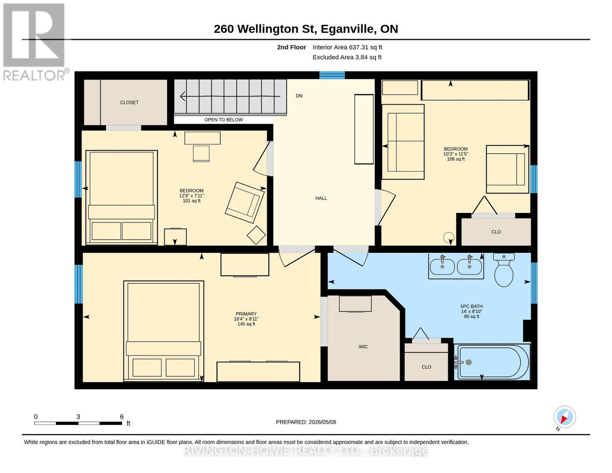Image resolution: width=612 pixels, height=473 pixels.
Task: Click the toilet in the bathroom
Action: pyautogui.click(x=504, y=269)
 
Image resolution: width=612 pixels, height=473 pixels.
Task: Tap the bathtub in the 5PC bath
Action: pyautogui.click(x=493, y=362)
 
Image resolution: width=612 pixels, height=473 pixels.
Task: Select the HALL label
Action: pyautogui.click(x=321, y=198)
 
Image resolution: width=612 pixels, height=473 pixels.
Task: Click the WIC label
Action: pyautogui.click(x=363, y=347)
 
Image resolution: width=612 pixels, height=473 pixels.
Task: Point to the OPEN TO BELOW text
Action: pyautogui.click(x=223, y=120)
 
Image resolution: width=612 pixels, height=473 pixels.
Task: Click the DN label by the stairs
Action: pyautogui.click(x=299, y=96)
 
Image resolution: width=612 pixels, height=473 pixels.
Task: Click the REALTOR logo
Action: pyautogui.click(x=34, y=42)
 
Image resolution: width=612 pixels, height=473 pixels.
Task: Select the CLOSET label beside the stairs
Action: pyautogui.click(x=129, y=102)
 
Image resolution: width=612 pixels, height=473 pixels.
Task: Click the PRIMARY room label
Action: pyautogui.click(x=246, y=314)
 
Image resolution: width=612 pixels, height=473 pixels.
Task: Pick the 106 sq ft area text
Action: pyautogui.click(x=456, y=159)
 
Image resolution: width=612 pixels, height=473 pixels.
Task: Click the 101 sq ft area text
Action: pyautogui.click(x=192, y=201)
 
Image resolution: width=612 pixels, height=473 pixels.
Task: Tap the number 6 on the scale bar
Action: pyautogui.click(x=122, y=417)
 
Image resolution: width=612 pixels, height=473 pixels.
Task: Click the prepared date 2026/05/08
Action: pyautogui.click(x=322, y=422)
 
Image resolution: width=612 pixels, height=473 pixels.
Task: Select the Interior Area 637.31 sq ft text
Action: pyautogui.click(x=347, y=47)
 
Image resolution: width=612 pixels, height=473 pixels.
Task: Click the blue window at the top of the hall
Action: pyautogui.click(x=332, y=75)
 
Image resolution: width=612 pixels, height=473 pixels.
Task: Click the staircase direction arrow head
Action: pyautogui.click(x=182, y=96)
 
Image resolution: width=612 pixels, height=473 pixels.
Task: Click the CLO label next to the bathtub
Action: pyautogui.click(x=426, y=367)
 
